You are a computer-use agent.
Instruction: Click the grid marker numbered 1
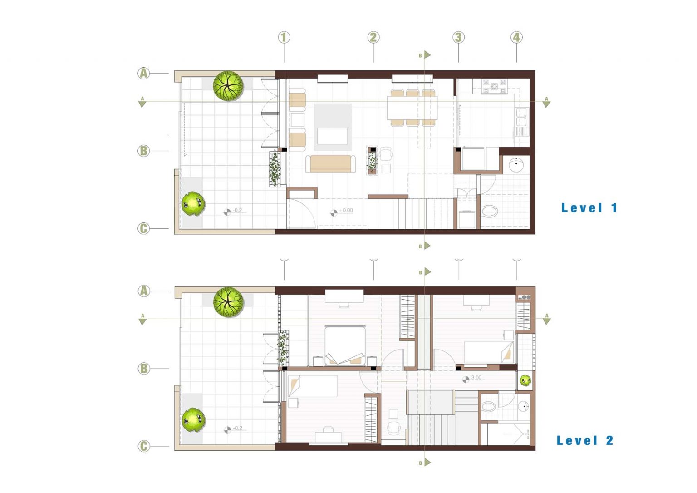click(x=284, y=37)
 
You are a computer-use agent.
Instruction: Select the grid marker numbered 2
click(x=373, y=37)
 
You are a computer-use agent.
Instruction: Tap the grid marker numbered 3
click(x=458, y=37)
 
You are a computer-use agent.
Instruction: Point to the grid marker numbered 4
click(x=516, y=37)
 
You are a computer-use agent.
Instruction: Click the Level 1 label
click(x=589, y=207)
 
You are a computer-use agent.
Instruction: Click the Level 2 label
click(x=584, y=440)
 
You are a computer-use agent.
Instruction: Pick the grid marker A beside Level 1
click(x=143, y=74)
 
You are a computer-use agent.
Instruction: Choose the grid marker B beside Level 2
click(x=143, y=369)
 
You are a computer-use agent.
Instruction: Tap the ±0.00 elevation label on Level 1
click(x=345, y=210)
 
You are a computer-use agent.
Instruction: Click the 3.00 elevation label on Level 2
click(x=476, y=378)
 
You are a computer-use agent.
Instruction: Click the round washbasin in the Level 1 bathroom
click(x=516, y=165)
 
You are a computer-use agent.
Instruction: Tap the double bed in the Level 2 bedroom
click(x=345, y=345)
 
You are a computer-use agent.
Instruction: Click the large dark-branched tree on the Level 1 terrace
click(x=228, y=86)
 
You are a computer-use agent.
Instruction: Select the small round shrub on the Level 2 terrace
click(x=193, y=420)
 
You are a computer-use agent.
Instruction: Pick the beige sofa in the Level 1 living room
click(x=330, y=164)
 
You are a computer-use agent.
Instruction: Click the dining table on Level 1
click(x=412, y=108)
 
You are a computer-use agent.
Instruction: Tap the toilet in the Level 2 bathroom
click(x=489, y=406)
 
